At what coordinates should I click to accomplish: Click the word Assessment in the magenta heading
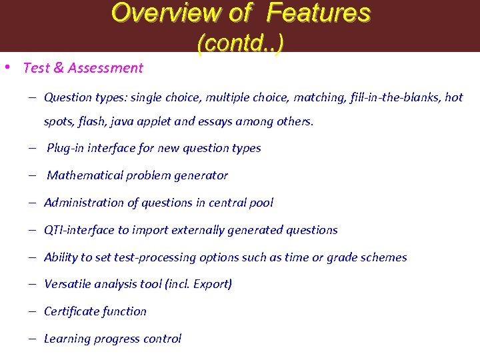(x=109, y=67)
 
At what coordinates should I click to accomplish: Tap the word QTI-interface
(x=79, y=230)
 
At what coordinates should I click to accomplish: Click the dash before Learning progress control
(x=32, y=339)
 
